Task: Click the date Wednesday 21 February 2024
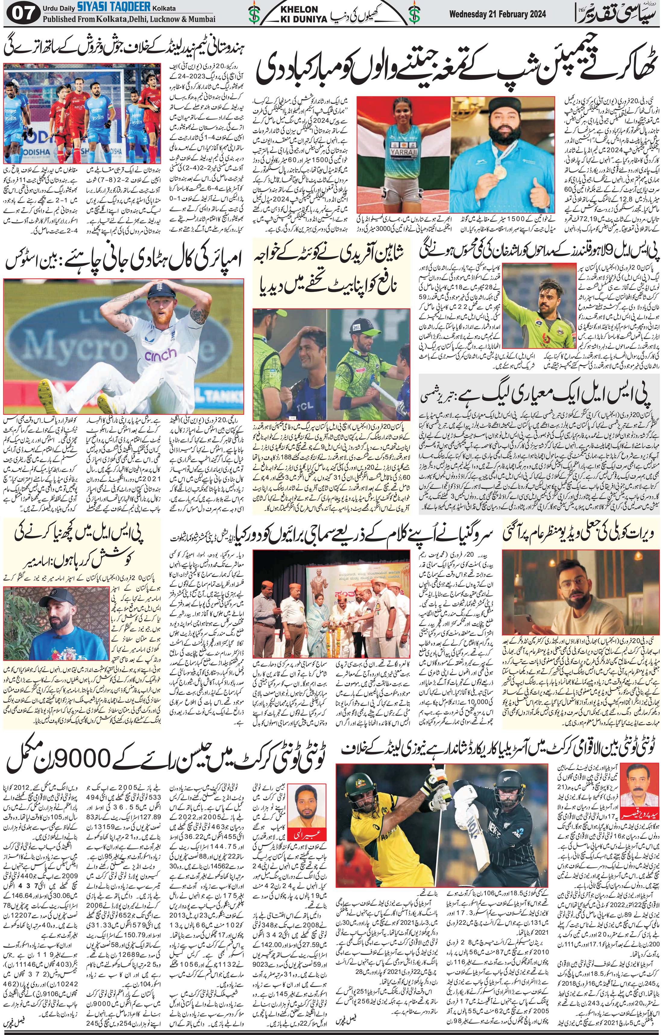[497, 14]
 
